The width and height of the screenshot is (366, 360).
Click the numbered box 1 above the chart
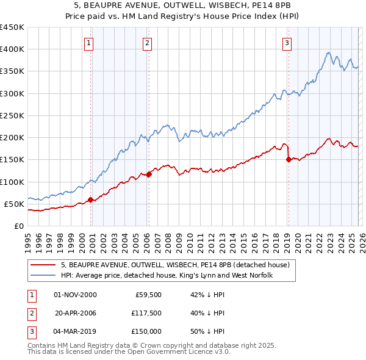(89, 43)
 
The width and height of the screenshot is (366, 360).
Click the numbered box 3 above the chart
(287, 43)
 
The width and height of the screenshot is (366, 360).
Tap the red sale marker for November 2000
(91, 200)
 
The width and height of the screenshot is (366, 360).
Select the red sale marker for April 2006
(149, 175)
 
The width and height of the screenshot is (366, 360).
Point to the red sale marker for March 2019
(288, 160)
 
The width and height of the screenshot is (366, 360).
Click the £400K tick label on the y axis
(12, 49)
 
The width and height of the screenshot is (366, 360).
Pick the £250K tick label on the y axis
(12, 115)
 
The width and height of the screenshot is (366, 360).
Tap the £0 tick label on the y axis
(18, 226)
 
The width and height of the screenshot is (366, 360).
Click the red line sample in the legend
(43, 265)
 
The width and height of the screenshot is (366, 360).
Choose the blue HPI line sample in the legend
(43, 275)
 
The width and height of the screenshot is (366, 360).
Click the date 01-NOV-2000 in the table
(75, 295)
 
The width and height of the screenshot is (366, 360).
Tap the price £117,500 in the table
(145, 313)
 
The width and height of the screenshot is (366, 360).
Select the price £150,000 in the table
(145, 331)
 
